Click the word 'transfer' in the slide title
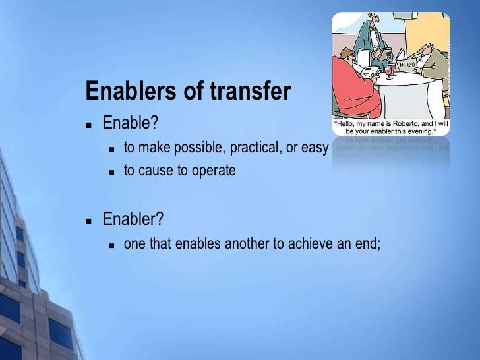pos(250,92)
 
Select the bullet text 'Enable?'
pos(131,123)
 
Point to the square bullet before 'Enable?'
pos(89,124)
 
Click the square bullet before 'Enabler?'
pos(89,220)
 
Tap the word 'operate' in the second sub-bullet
pos(214,171)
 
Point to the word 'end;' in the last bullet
pos(369,243)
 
